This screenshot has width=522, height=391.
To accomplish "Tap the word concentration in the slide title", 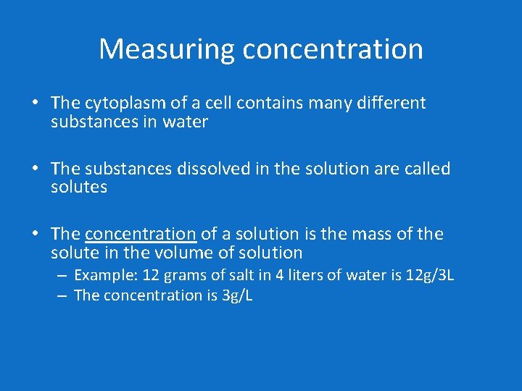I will click(x=333, y=49).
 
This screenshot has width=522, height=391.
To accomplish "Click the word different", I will click(x=391, y=104).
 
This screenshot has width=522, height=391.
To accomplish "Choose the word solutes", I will click(x=79, y=188).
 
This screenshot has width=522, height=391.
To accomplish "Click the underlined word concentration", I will click(x=141, y=234).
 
